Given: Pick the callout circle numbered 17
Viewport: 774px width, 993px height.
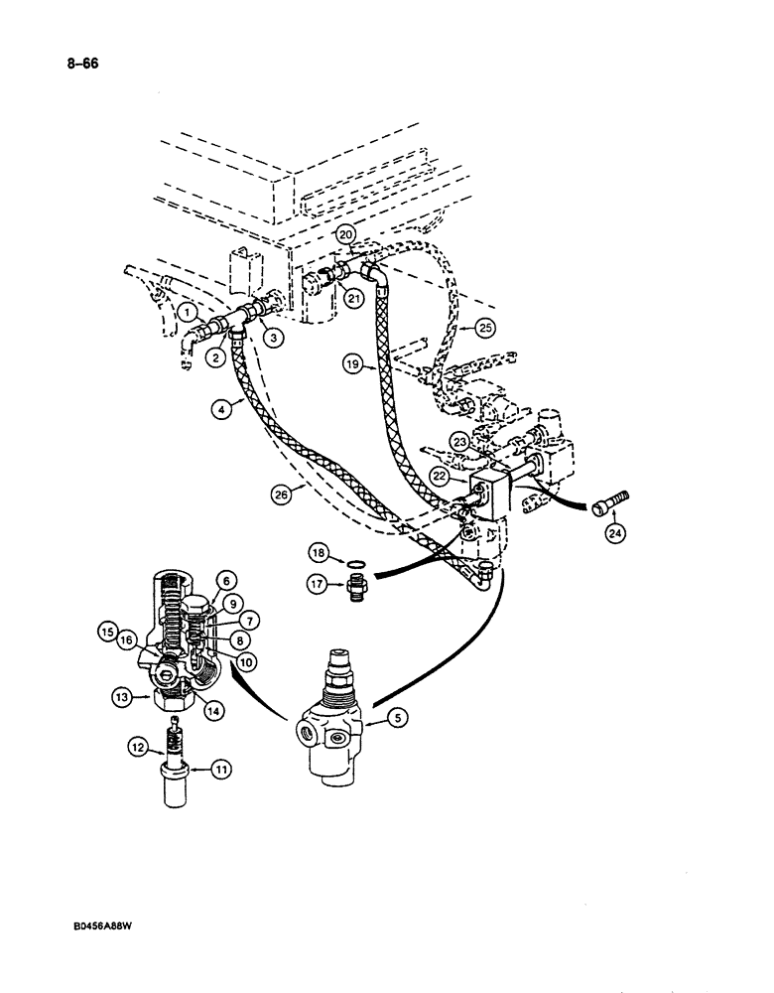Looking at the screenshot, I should tap(317, 586).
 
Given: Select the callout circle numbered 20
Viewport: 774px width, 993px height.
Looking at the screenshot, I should tap(344, 234).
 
